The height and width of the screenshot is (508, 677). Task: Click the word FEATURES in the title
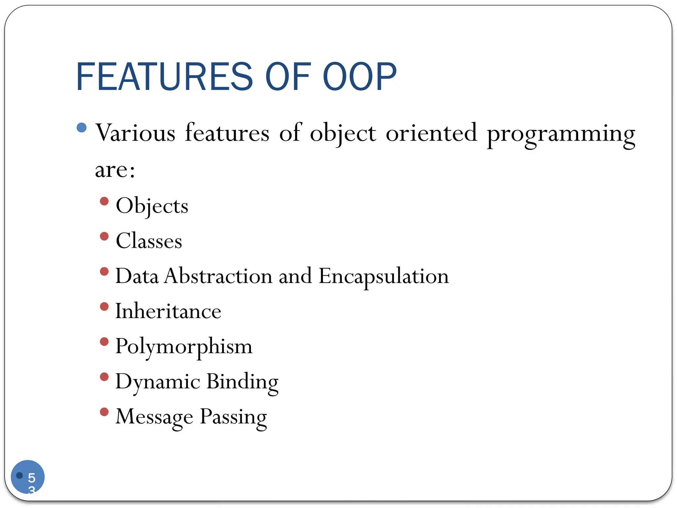164,77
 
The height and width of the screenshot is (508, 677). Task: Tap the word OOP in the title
359,77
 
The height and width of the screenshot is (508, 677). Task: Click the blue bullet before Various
81,127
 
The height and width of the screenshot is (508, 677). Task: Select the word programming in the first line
561,134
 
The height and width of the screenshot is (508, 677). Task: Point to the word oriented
431,133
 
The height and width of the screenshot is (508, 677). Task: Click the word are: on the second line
115,170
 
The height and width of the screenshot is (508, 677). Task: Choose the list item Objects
152,206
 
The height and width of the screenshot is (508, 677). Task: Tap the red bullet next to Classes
104,236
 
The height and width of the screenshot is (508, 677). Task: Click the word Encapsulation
383,276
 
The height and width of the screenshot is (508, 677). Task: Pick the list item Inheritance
168,311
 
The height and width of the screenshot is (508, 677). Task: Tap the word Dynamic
158,382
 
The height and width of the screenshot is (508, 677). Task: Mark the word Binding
242,382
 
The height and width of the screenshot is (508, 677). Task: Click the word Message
154,417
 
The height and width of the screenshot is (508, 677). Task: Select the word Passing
233,417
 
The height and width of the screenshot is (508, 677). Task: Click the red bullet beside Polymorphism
104,341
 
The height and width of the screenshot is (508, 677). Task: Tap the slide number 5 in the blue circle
31,478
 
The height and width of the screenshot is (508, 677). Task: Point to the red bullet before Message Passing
104,412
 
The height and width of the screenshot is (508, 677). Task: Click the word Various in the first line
135,133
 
